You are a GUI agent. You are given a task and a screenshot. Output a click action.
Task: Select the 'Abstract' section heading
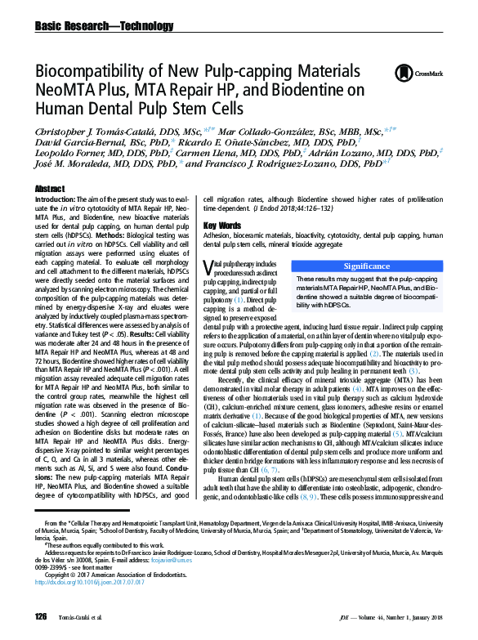coord(49,189)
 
